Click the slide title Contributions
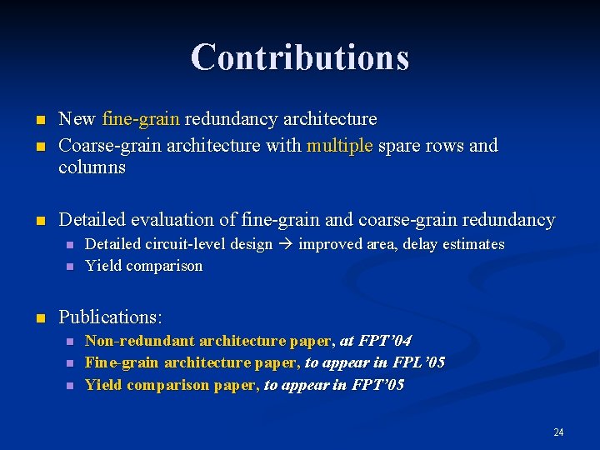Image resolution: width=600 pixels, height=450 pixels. (x=300, y=57)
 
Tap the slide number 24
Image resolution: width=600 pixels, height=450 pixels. (x=558, y=432)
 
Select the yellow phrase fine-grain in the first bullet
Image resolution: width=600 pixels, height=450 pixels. (x=141, y=119)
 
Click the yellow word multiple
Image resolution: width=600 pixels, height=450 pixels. (x=340, y=146)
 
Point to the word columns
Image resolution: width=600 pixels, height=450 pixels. (x=92, y=167)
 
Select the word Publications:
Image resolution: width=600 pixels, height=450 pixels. (x=111, y=317)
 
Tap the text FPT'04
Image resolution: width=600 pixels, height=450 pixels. (x=385, y=341)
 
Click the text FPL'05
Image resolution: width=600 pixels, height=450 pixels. (x=418, y=362)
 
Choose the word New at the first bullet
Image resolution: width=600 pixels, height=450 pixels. (x=77, y=119)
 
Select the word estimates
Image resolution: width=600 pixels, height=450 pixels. (x=474, y=244)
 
